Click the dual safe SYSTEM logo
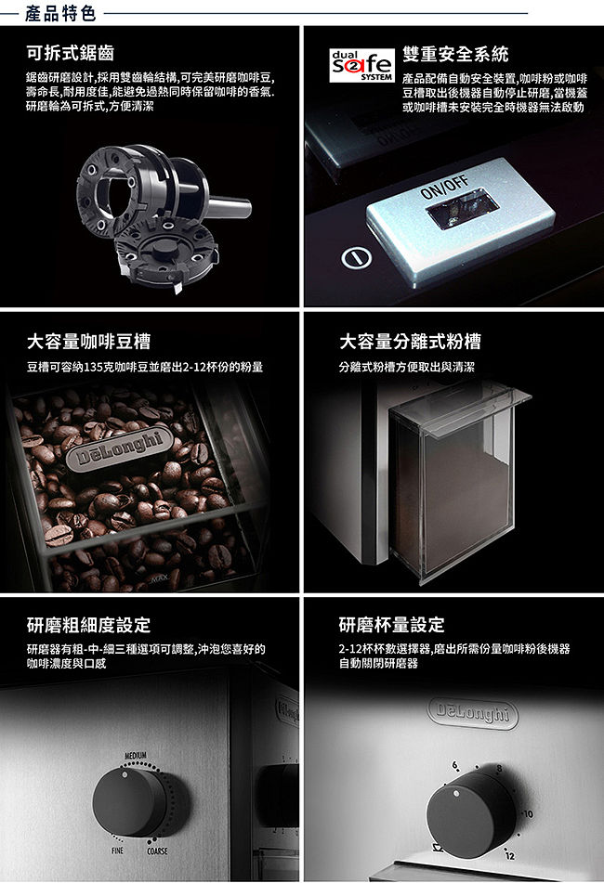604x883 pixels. click(x=361, y=66)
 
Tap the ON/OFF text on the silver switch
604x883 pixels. click(x=445, y=187)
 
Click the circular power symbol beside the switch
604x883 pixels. click(x=356, y=258)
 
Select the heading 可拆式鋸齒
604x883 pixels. click(x=71, y=53)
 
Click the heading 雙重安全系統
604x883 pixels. click(x=455, y=54)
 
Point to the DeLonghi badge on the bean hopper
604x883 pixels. click(x=119, y=448)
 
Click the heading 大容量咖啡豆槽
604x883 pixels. click(x=88, y=342)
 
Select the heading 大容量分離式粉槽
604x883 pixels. click(x=410, y=342)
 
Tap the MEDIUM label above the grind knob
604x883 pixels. click(x=136, y=755)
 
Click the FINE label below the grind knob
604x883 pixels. click(x=117, y=851)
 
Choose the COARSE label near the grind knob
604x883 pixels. click(x=157, y=851)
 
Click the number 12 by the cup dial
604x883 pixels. click(x=510, y=856)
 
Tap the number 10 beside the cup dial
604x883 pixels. click(x=528, y=814)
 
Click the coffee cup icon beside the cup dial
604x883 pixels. click(x=437, y=847)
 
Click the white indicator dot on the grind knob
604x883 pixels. click(x=125, y=775)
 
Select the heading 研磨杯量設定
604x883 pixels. click(x=391, y=625)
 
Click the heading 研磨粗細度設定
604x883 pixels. click(x=88, y=625)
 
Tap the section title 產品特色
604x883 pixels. click(x=60, y=13)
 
